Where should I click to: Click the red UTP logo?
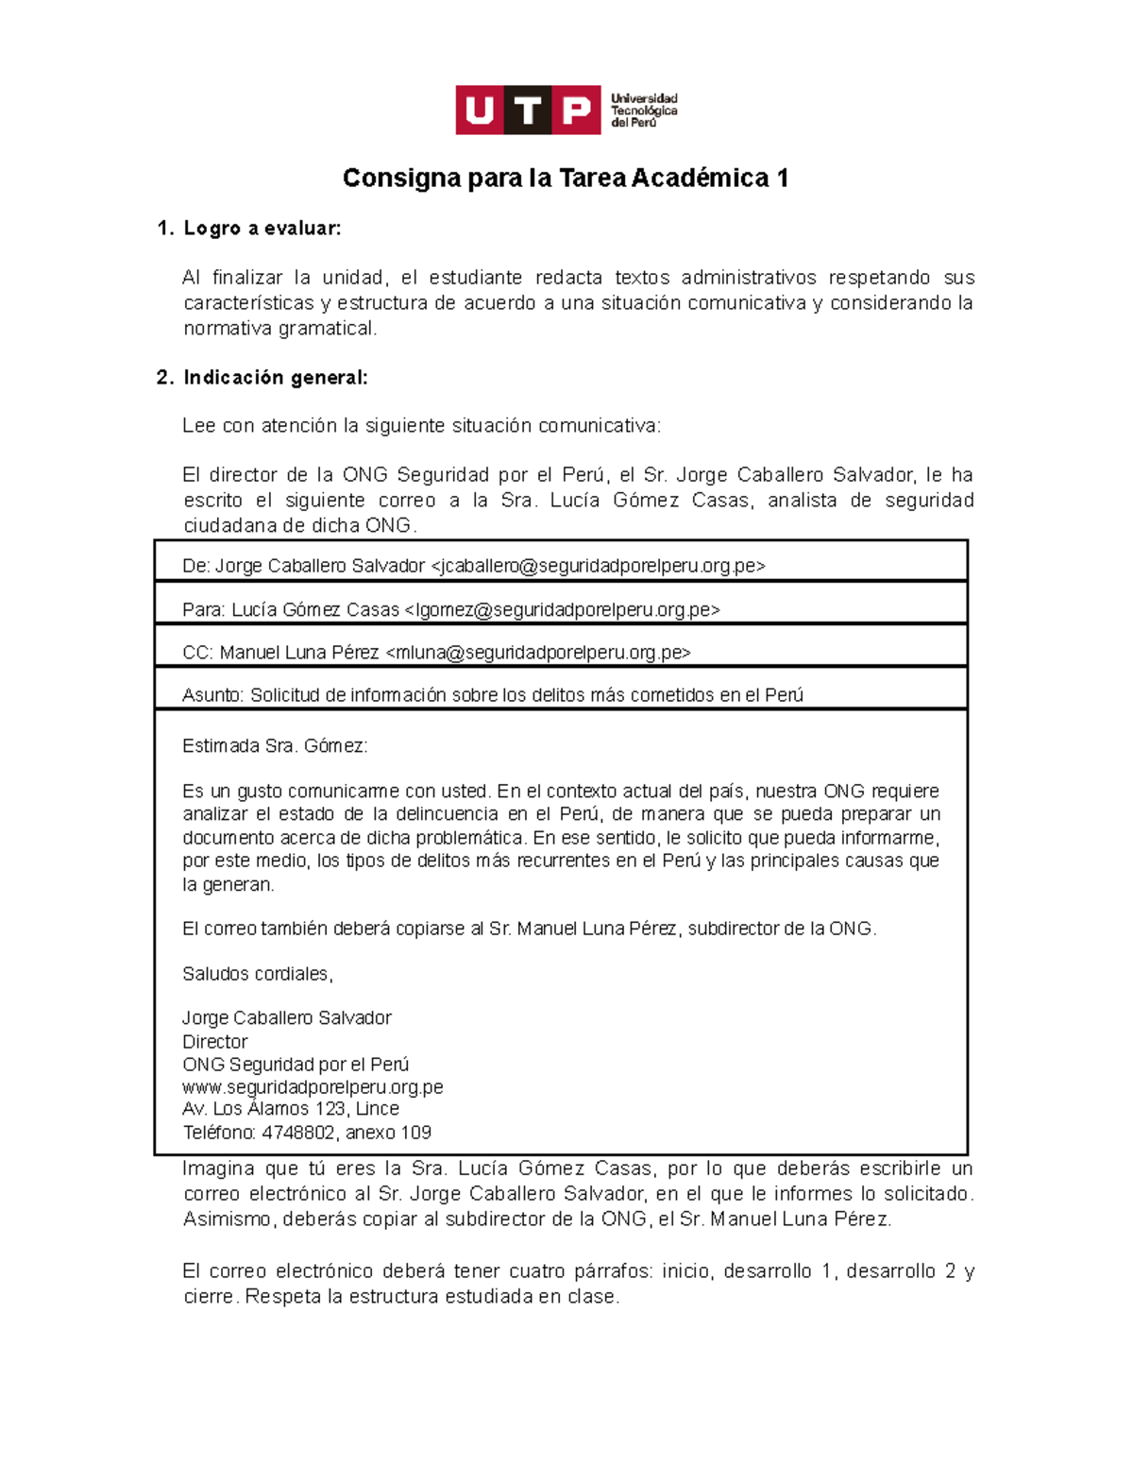[528, 111]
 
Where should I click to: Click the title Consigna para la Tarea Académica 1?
[565, 179]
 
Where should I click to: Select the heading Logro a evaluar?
[262, 229]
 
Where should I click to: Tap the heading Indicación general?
[275, 378]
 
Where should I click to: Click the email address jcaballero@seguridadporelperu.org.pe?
[598, 566]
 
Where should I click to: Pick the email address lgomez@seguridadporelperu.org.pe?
[562, 610]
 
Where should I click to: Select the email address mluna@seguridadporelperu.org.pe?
[538, 653]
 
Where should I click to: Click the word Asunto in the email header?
[212, 695]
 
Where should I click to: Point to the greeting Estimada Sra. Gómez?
[274, 746]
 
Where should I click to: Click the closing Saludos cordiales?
[257, 974]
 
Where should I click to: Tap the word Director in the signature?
[214, 1042]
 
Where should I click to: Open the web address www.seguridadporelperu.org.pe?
[313, 1087]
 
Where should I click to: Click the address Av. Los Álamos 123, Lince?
[290, 1109]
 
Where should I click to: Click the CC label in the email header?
[197, 653]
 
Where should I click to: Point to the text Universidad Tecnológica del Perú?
[644, 111]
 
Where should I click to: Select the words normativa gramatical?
[279, 329]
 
